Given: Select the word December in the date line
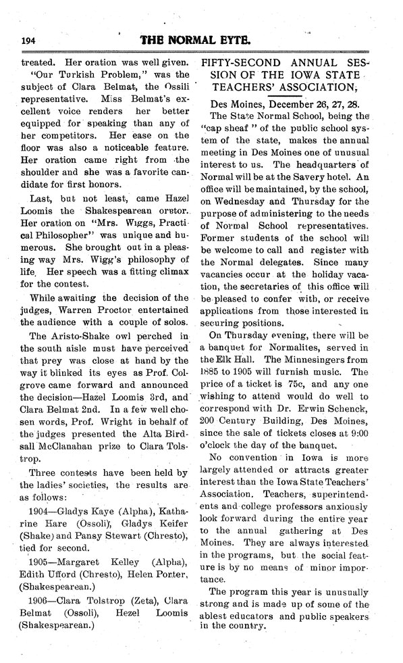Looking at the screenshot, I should pyautogui.click(x=292, y=105).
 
